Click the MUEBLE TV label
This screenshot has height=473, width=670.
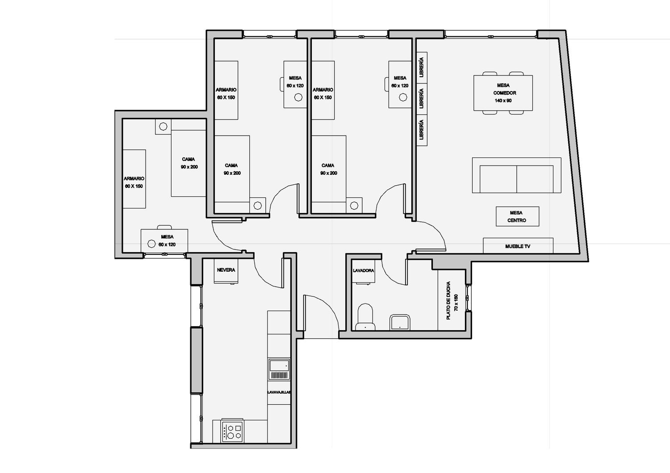point(517,246)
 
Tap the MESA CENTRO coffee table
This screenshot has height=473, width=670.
point(517,216)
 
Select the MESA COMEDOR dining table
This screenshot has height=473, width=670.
point(503,93)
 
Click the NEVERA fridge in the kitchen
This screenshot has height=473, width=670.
point(226,271)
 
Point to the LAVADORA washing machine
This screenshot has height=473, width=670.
point(363,271)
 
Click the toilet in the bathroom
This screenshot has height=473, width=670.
point(365,317)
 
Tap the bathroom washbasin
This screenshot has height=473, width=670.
point(400,322)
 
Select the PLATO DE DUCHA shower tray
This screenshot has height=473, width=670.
point(452,300)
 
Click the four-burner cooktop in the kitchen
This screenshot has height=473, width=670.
point(232,432)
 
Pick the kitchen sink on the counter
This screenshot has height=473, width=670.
point(279,369)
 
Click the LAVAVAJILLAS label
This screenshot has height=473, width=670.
point(279,392)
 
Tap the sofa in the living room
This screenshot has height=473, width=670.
point(516,175)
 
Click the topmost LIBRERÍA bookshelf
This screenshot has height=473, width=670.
point(422,68)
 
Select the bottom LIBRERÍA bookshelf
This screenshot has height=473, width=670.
point(422,130)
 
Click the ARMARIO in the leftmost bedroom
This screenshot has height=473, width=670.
point(134,179)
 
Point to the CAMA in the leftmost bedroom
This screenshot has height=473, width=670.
point(188,163)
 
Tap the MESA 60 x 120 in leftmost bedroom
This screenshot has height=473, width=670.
point(164,241)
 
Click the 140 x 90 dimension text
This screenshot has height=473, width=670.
point(503,101)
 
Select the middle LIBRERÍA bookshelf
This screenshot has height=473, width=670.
point(422,99)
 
